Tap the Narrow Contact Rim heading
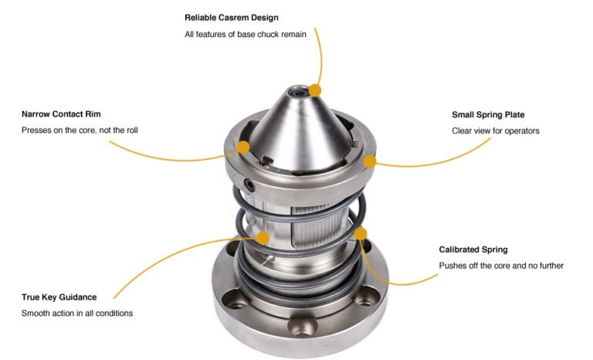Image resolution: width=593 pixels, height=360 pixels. point(61,114)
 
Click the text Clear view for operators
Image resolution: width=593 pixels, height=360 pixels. point(495,131)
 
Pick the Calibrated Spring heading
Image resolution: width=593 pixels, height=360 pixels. point(473,250)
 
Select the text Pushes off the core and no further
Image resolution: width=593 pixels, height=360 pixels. point(501,266)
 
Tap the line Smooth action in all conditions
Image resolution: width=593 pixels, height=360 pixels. point(78,314)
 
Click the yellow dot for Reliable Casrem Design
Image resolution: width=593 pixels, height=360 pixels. point(315,90)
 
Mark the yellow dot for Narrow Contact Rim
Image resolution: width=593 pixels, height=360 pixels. point(244,147)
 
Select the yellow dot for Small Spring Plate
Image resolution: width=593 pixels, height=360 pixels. point(370,161)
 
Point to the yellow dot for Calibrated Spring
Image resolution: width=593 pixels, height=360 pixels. point(359,233)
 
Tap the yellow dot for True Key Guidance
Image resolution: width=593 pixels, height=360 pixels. point(263,237)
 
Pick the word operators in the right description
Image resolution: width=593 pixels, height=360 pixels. point(521,131)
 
